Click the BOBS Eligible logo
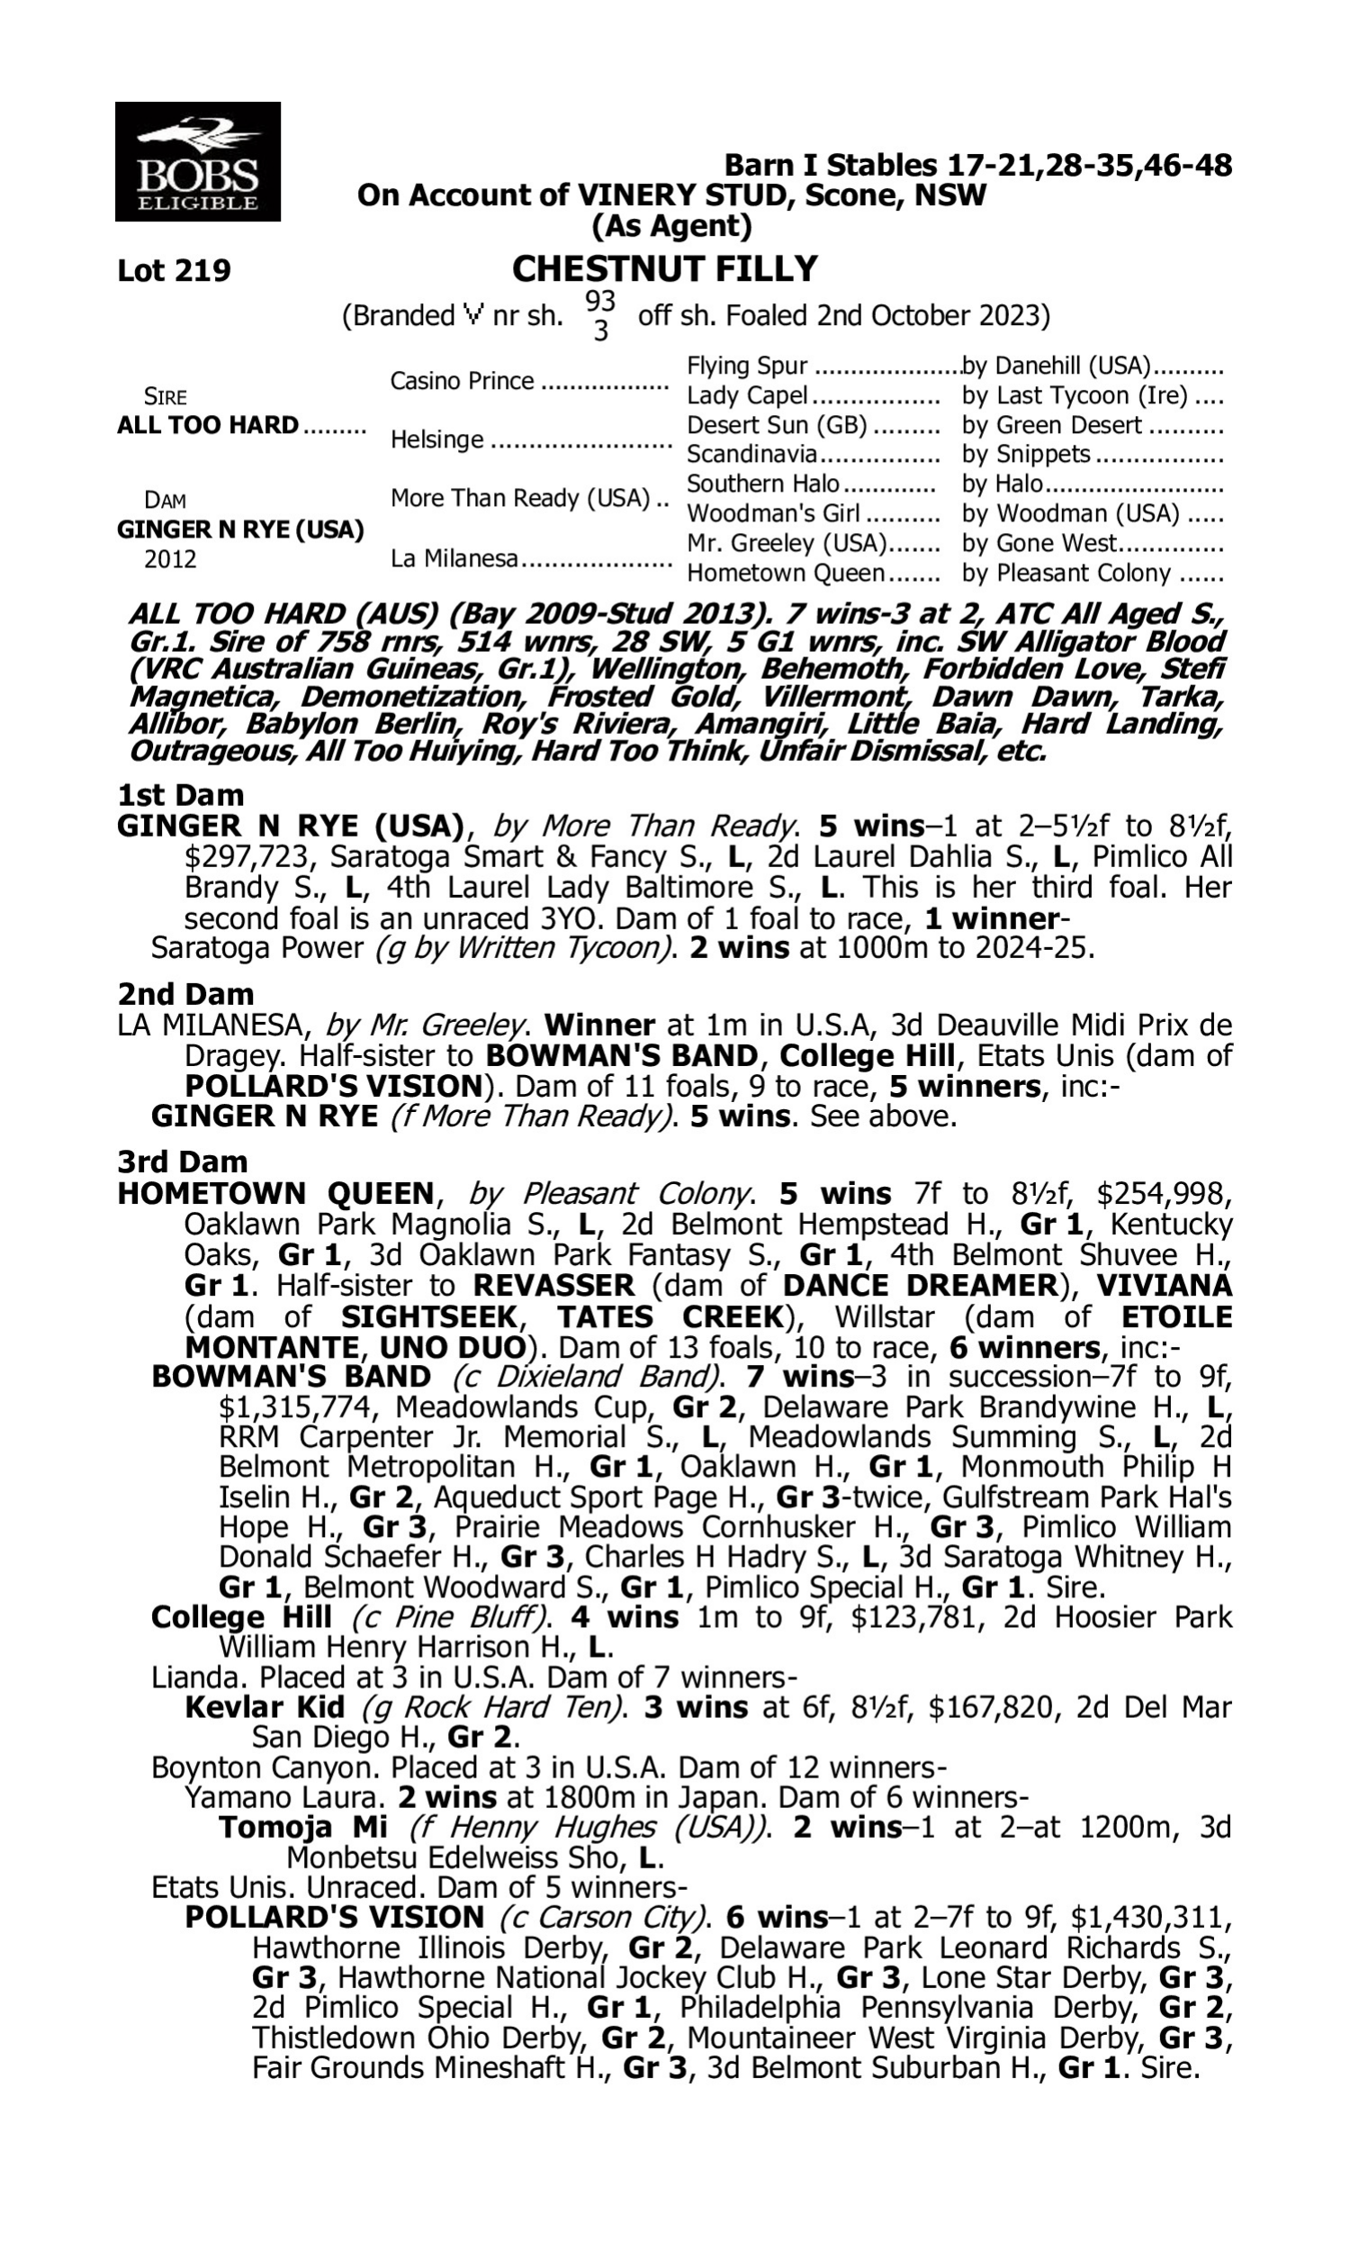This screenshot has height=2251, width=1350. (x=197, y=162)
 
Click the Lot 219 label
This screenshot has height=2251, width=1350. (x=174, y=270)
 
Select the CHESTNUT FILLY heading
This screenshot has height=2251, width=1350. (x=664, y=268)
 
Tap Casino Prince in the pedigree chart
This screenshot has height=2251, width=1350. (x=462, y=380)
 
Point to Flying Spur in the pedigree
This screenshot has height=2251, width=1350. (x=747, y=366)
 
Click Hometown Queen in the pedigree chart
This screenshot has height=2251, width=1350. (x=785, y=574)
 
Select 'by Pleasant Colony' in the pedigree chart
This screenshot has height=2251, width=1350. (x=1066, y=574)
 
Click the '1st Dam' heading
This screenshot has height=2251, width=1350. (x=180, y=795)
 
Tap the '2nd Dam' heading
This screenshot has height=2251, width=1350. (x=184, y=993)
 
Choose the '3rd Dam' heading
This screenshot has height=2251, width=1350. (x=182, y=1162)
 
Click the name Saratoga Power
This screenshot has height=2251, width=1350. (x=256, y=948)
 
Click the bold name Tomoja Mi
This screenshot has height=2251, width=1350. (x=303, y=1827)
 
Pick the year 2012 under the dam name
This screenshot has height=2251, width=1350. (x=170, y=558)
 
